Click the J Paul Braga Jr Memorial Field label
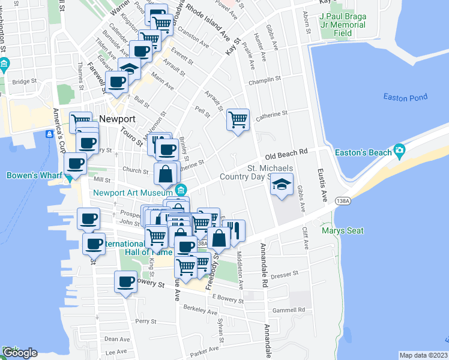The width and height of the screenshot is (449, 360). click(343, 25)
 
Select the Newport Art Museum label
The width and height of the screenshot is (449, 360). click(133, 192)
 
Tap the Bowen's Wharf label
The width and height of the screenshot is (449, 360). click(31, 176)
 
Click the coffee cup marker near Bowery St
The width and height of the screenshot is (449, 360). click(125, 281)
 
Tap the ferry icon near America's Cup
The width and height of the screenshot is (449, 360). click(48, 134)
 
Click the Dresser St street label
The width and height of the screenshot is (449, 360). click(285, 274)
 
